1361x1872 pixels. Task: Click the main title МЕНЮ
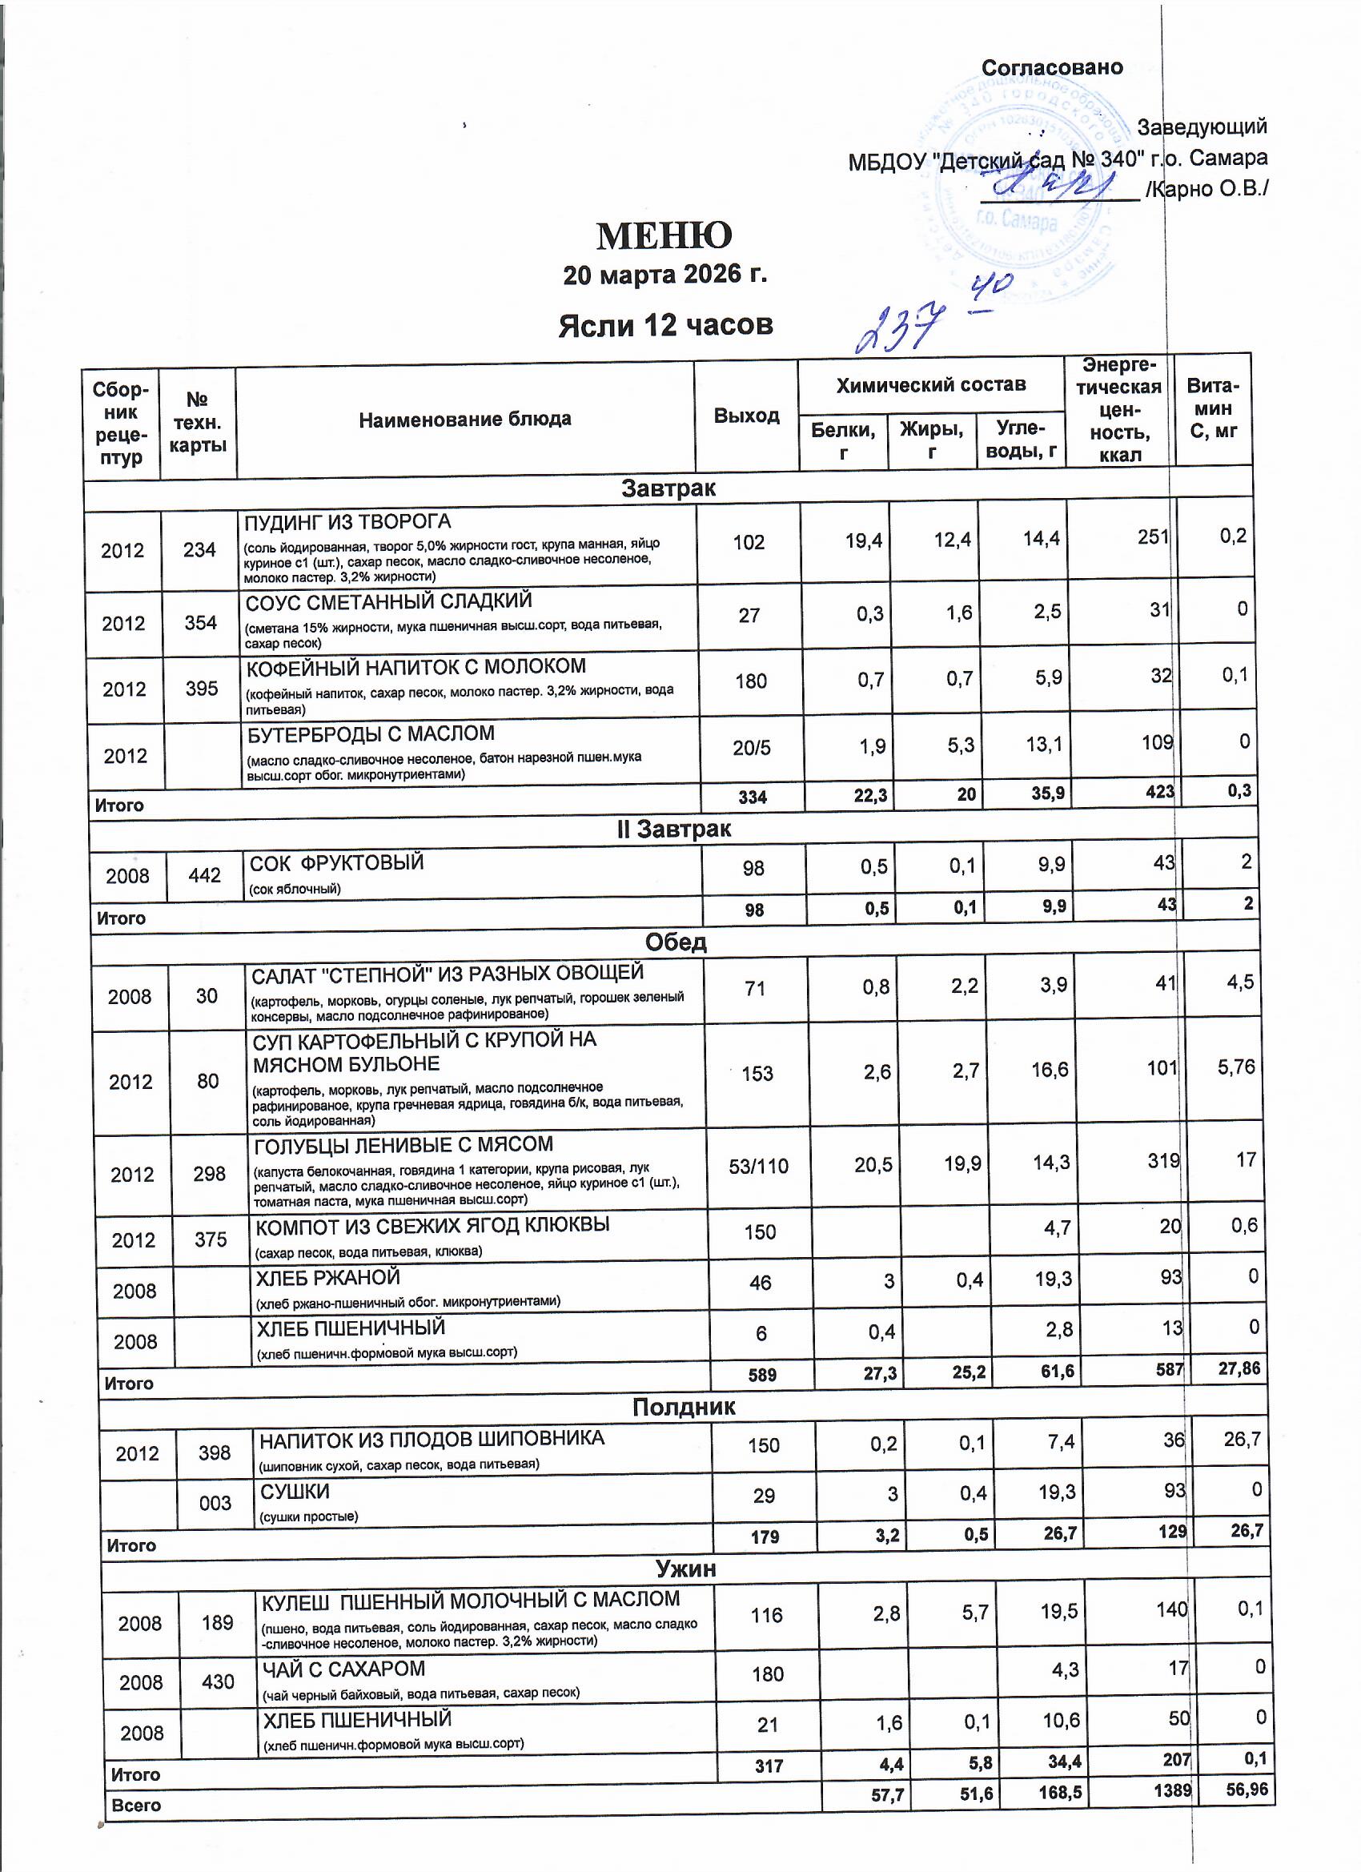664,236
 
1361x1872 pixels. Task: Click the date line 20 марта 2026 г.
664,275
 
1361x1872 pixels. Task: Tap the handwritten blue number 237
900,326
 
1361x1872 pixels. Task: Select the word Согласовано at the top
1051,68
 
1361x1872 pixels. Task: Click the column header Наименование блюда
464,420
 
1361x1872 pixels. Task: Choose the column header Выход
746,416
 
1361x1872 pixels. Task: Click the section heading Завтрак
668,488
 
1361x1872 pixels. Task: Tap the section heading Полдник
684,1408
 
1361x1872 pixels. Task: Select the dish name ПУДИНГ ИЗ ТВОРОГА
347,523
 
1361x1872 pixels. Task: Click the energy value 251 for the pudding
1153,537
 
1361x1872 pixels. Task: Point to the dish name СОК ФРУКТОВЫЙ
337,863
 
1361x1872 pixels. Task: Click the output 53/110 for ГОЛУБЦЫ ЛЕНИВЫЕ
758,1167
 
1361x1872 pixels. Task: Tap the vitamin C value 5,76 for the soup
1235,1067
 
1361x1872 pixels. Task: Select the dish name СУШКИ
295,1492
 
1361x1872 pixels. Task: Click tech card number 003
215,1503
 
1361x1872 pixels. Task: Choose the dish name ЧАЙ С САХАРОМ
343,1669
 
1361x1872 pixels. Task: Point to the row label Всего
136,1806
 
